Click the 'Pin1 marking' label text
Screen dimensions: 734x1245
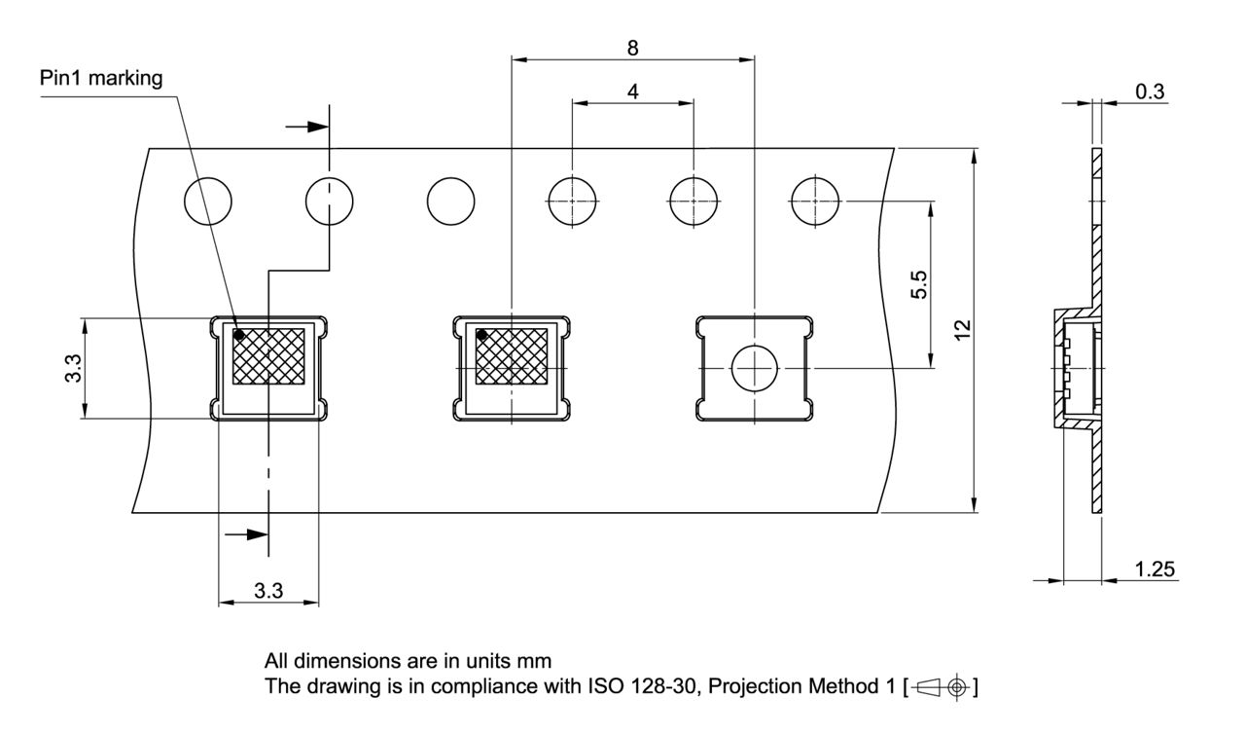[101, 79]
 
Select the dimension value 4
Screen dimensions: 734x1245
[633, 91]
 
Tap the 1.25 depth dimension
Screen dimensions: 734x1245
[1155, 569]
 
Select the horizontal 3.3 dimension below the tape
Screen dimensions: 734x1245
[269, 590]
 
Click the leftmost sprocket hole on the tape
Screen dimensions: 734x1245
[208, 202]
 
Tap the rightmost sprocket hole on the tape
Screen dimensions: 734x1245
[816, 202]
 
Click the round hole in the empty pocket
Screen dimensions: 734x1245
[755, 368]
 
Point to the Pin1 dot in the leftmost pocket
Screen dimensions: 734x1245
[239, 335]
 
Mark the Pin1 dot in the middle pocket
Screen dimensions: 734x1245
[481, 335]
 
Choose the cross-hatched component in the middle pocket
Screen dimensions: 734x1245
[512, 356]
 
